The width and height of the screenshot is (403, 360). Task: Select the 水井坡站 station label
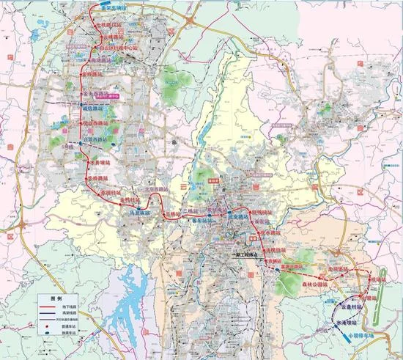pyautogui.click(x=98, y=152)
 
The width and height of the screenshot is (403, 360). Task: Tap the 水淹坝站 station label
pyautogui.click(x=328, y=323)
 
